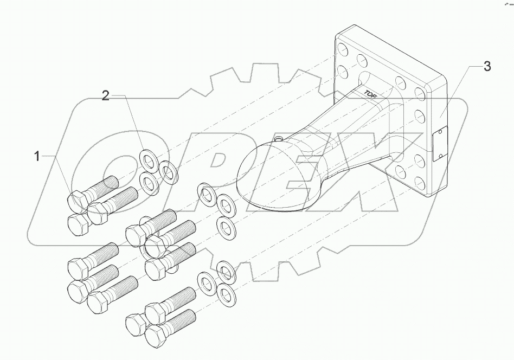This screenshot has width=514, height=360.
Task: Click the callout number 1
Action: (37, 157)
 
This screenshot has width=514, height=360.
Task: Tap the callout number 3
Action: (487, 67)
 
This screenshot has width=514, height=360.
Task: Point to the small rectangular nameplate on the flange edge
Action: (441, 143)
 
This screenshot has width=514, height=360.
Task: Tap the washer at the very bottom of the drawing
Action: (223, 293)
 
